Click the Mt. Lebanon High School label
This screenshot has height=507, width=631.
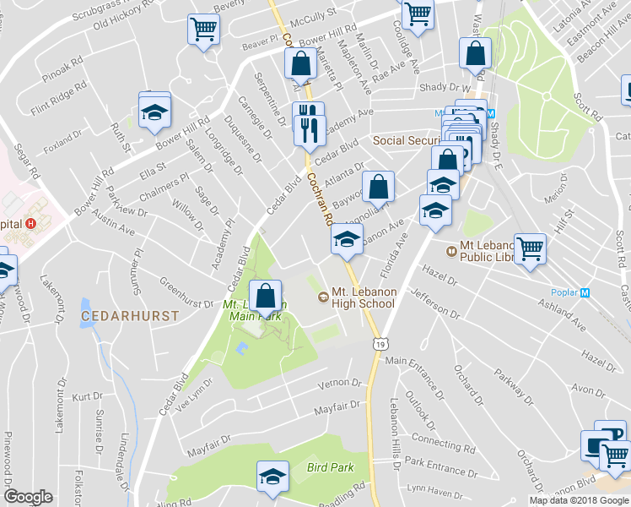[x=363, y=297]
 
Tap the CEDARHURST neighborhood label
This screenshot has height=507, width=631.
[x=130, y=316]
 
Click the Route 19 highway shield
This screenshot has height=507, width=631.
[x=382, y=344]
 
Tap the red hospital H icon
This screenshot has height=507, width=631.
[x=31, y=224]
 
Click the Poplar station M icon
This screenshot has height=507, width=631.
[x=584, y=292]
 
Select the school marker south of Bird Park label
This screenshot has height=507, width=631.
[x=272, y=478]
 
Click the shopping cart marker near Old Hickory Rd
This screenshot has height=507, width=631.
[x=203, y=30]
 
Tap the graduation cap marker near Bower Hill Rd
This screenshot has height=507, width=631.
[x=154, y=113]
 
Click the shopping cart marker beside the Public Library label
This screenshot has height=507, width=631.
[x=531, y=250]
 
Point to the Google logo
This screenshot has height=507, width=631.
[x=28, y=498]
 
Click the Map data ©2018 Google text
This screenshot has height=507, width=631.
[x=579, y=500]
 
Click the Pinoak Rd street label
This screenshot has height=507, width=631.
[x=67, y=63]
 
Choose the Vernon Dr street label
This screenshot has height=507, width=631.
[x=339, y=384]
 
